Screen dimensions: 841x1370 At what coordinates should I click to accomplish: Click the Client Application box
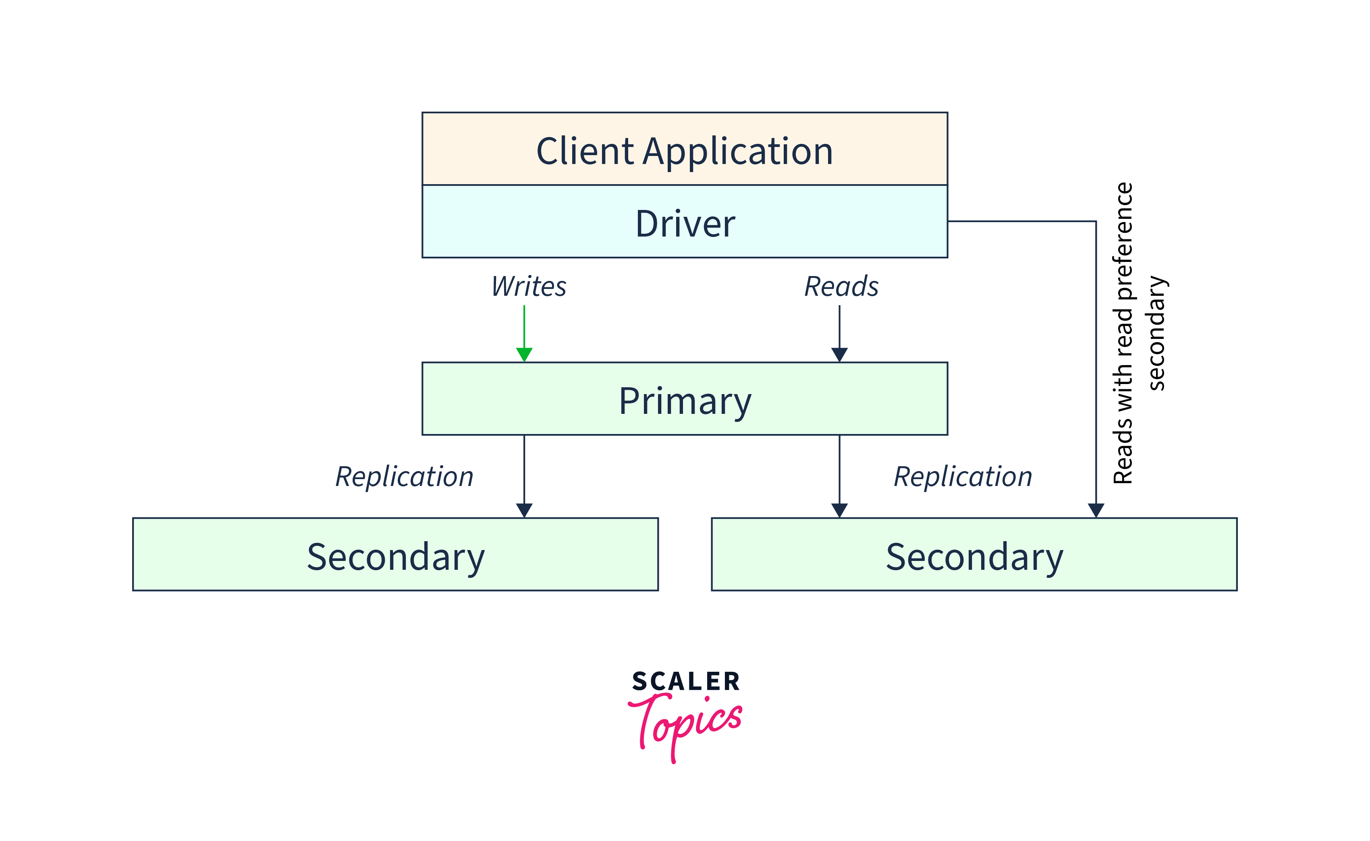[685, 149]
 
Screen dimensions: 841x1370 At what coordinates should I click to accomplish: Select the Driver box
[685, 221]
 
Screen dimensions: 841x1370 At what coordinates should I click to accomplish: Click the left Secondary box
[395, 554]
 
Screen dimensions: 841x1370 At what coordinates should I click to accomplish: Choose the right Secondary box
[974, 554]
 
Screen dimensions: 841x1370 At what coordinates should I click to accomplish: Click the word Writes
[529, 287]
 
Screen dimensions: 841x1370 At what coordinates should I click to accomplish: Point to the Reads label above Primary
[841, 287]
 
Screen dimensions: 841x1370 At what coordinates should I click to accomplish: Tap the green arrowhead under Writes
[524, 354]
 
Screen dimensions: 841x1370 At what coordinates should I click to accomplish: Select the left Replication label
[404, 477]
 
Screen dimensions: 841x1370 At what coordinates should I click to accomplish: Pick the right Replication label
[963, 477]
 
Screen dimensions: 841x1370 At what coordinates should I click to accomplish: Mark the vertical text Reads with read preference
[1123, 334]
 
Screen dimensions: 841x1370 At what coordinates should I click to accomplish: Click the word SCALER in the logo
[685, 682]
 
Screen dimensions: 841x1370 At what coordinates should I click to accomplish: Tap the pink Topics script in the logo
[685, 723]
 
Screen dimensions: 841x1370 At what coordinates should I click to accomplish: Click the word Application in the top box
[738, 151]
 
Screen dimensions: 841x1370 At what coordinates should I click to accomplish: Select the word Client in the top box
[585, 151]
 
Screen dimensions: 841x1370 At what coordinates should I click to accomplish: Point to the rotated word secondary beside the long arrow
[1156, 334]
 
